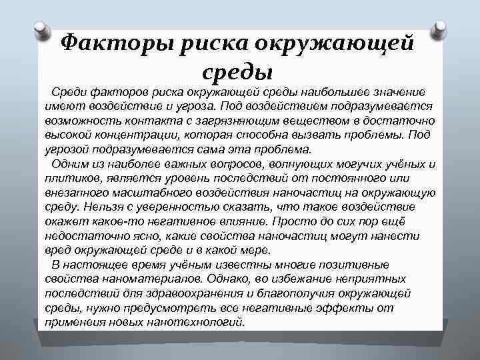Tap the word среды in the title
point(237,69)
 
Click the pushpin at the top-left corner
point(41,30)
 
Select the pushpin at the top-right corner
point(441,29)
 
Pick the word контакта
point(126,121)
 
